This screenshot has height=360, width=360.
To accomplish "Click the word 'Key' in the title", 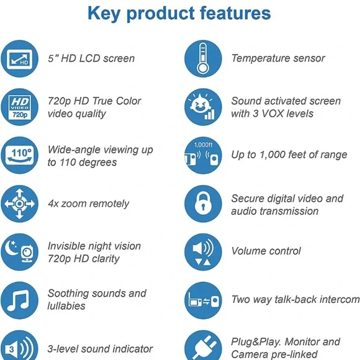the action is pyautogui.click(x=104, y=14).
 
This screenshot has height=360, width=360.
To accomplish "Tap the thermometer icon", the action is pyautogui.click(x=203, y=58).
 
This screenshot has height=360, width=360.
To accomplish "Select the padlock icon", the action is pyautogui.click(x=203, y=204).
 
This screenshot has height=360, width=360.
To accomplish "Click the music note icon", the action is pyautogui.click(x=19, y=300).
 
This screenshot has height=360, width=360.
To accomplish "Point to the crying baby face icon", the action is pyautogui.click(x=203, y=107).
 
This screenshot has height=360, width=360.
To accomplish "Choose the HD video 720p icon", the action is pyautogui.click(x=19, y=107).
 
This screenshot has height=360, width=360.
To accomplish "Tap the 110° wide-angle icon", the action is pyautogui.click(x=19, y=155).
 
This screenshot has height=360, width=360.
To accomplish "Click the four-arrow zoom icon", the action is pyautogui.click(x=19, y=204).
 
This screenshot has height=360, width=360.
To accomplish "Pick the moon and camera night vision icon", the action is pyautogui.click(x=19, y=252).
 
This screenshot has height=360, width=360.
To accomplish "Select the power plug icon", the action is pyautogui.click(x=203, y=346).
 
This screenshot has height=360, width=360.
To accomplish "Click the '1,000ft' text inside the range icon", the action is pyautogui.click(x=203, y=145).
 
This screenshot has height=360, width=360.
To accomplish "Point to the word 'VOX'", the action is pyautogui.click(x=272, y=114).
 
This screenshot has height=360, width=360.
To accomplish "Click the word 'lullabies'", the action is pyautogui.click(x=66, y=306).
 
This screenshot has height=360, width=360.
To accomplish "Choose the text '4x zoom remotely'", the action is pyautogui.click(x=89, y=204).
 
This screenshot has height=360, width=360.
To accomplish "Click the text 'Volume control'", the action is pyautogui.click(x=266, y=251).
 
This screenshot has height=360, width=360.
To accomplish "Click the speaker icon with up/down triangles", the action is pyautogui.click(x=203, y=252).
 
